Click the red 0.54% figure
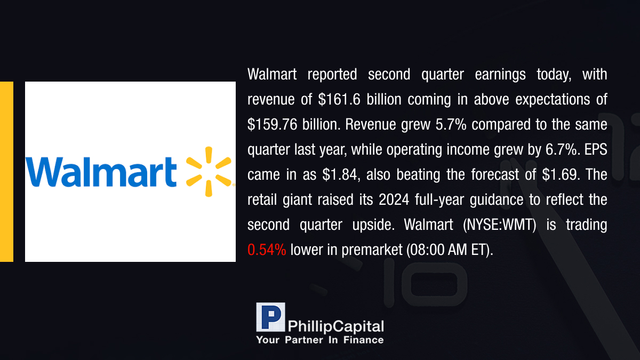(267, 250)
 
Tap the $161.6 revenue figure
(339, 99)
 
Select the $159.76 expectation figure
(273, 125)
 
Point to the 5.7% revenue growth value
(451, 125)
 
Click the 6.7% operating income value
(561, 149)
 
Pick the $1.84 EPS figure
(340, 174)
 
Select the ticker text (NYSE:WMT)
(499, 225)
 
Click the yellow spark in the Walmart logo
(209, 172)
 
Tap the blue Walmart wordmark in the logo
(101, 172)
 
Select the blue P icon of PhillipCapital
(270, 317)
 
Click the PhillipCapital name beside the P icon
(335, 326)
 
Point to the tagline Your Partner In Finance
(319, 340)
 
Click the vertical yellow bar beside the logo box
(6, 172)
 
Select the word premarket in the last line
(372, 250)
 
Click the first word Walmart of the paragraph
(272, 74)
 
